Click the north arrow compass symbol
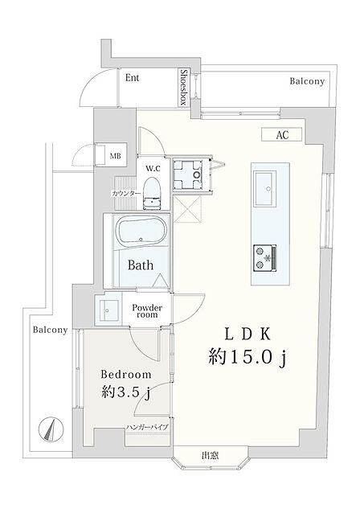[x=51, y=429]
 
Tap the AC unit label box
[x=282, y=135]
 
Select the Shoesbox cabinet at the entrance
[x=184, y=88]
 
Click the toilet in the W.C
[x=152, y=193]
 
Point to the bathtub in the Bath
[x=141, y=231]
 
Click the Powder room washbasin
[x=108, y=309]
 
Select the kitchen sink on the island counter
[x=265, y=189]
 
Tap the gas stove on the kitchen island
[x=265, y=258]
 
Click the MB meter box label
[x=115, y=156]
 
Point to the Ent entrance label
[x=132, y=78]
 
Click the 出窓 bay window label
[x=211, y=455]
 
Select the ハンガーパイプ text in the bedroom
[x=147, y=427]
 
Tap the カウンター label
[x=126, y=194]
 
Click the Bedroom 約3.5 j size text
[x=126, y=392]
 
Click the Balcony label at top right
[x=307, y=81]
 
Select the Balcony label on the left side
[x=51, y=330]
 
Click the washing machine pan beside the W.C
[x=189, y=175]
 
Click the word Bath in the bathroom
[x=141, y=265]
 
